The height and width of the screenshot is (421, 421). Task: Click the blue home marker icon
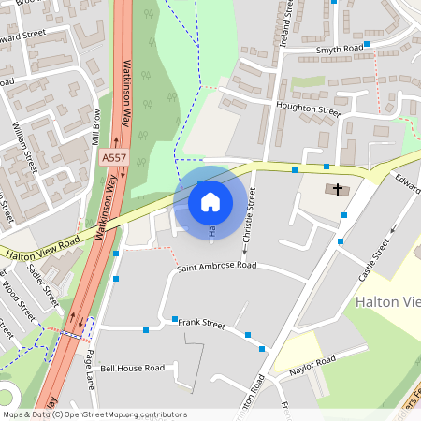pos(210,201)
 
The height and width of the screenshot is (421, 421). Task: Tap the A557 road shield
pos(114,160)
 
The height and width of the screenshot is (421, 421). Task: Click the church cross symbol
pos(337,190)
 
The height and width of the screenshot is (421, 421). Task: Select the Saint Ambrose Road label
pos(217,266)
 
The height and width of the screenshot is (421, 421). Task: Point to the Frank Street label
pos(202,324)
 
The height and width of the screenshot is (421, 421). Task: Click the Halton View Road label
pos(42,248)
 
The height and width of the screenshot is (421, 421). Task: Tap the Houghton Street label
pos(310,109)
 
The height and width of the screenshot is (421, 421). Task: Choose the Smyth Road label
pos(339,49)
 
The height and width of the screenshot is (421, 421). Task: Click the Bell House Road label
pos(132,369)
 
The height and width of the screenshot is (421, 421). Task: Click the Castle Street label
pos(374,260)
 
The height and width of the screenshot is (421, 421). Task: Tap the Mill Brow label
pos(95,125)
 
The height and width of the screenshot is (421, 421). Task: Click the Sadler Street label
pos(44,285)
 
